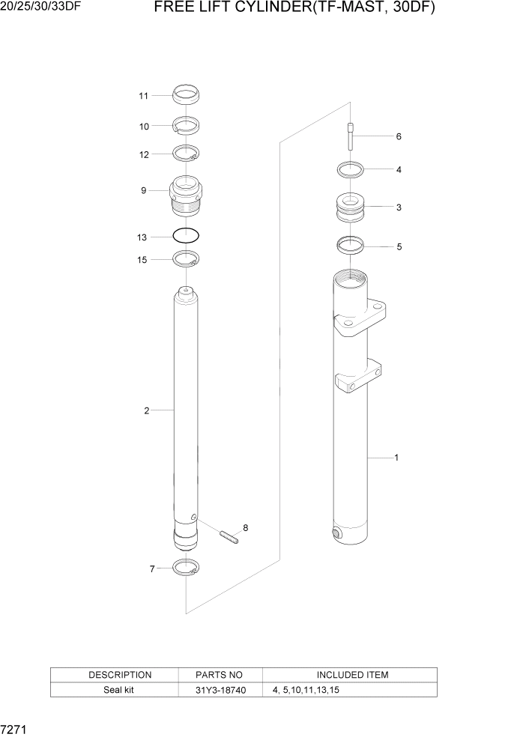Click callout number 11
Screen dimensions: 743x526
coord(143,96)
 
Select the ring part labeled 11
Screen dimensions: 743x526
coord(186,95)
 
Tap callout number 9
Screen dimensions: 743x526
coord(143,191)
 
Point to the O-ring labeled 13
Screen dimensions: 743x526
coord(186,235)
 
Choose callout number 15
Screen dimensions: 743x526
coord(143,259)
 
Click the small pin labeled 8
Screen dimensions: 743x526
coord(229,536)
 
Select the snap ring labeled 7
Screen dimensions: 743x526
coord(185,568)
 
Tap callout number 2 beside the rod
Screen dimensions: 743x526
coord(147,410)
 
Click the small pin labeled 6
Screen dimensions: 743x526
coord(350,138)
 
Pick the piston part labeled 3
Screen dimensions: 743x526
coord(350,207)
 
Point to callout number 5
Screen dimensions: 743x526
coord(399,246)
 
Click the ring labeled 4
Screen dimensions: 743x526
coord(350,169)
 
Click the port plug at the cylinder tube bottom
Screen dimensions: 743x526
coord(336,534)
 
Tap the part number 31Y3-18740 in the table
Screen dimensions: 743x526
coord(219,690)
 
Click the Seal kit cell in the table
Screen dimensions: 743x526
coord(119,690)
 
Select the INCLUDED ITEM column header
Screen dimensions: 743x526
coord(352,675)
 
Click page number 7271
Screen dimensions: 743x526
coord(16,729)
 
